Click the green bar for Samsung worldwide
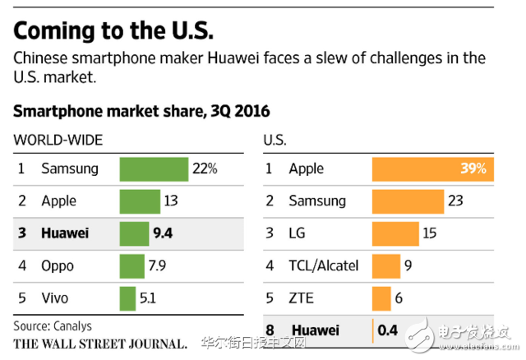click(x=154, y=168)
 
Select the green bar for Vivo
click(x=127, y=298)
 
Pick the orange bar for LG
click(x=395, y=233)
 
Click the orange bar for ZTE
click(x=381, y=298)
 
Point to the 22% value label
click(x=205, y=168)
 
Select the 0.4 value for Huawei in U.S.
click(x=387, y=331)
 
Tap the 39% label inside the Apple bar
click(x=473, y=168)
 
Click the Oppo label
click(x=58, y=266)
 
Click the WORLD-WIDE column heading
click(x=58, y=140)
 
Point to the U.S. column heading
click(x=275, y=140)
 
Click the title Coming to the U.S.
click(x=113, y=30)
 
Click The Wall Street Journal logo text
click(x=99, y=342)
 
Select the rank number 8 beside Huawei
click(x=269, y=331)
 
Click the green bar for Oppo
click(x=132, y=266)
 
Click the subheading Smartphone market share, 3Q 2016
click(x=141, y=111)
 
